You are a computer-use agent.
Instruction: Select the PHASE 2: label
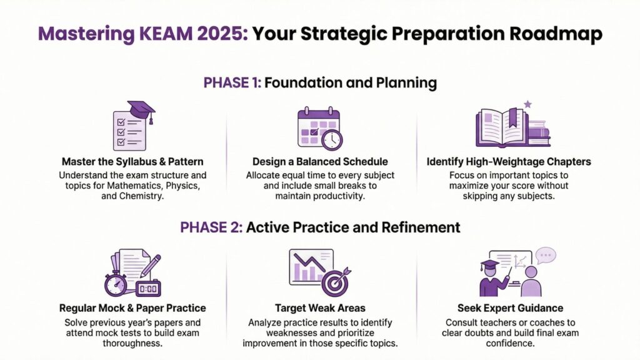tap(210, 227)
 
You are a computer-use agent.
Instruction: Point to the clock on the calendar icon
tap(331, 139)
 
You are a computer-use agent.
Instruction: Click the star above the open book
tap(527, 104)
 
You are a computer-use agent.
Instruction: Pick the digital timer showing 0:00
tap(148, 288)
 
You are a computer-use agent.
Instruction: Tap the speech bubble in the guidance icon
tap(546, 256)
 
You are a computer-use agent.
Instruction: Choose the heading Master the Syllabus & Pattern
tap(132, 162)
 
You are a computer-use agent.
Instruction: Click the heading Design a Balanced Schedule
tap(320, 162)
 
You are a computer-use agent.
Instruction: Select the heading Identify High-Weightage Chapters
tap(509, 162)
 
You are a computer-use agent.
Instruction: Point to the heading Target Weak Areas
tap(320, 308)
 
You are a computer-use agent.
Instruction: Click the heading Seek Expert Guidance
tap(510, 308)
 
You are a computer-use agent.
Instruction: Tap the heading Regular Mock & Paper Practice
tap(132, 308)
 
